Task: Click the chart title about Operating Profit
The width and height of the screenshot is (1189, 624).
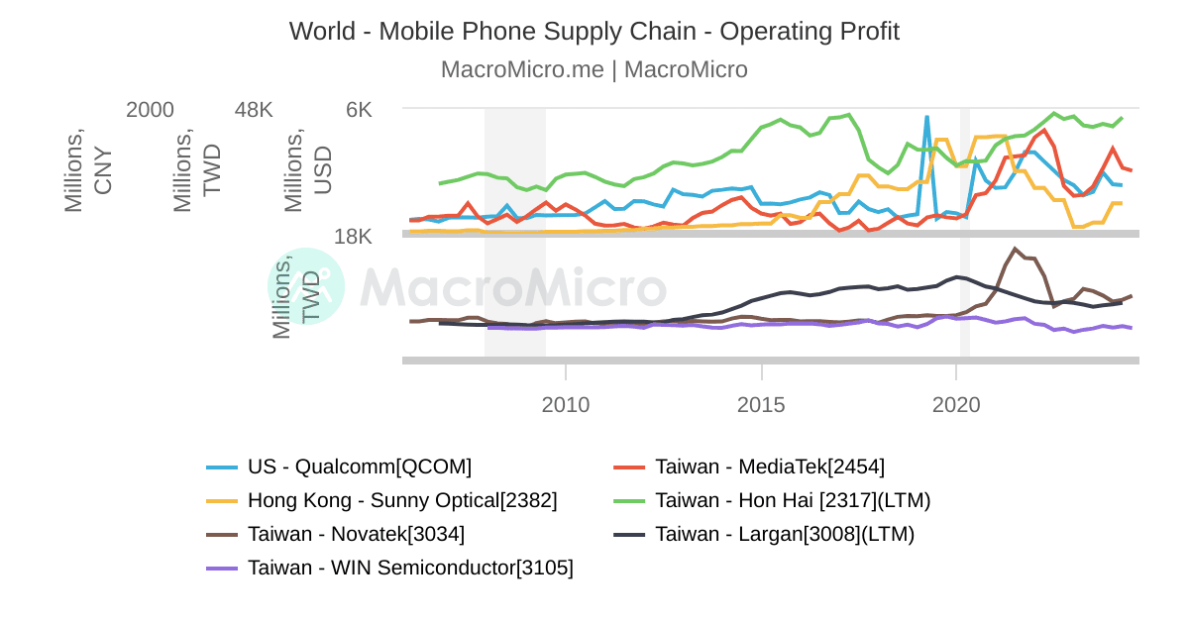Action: click(594, 31)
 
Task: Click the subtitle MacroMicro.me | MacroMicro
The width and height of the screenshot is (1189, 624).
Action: click(594, 69)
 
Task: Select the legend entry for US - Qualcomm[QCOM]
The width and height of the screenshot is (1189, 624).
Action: click(359, 467)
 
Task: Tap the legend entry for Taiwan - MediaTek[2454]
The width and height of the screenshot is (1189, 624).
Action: click(770, 467)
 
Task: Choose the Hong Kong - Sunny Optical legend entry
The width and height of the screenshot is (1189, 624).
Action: click(402, 500)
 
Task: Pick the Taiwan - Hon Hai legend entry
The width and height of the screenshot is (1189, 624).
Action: click(793, 500)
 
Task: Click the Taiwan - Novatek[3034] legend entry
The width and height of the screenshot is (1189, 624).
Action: click(356, 534)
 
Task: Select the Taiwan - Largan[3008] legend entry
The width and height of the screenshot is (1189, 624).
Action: click(785, 534)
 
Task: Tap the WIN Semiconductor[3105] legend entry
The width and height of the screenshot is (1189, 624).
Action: click(410, 568)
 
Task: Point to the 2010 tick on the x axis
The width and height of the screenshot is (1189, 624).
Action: click(566, 405)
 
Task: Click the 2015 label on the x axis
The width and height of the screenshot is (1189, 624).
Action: click(761, 405)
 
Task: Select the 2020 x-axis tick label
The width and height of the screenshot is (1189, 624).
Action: click(956, 405)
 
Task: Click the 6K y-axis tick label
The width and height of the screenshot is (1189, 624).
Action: click(359, 110)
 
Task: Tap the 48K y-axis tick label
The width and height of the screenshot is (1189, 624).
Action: click(253, 110)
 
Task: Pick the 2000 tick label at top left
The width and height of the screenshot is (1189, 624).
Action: click(150, 110)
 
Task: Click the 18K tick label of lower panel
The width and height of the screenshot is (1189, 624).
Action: click(353, 237)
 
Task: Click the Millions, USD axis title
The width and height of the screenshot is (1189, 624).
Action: click(308, 169)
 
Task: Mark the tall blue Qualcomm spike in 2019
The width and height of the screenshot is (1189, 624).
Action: click(926, 118)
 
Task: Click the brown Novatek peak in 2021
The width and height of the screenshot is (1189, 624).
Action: click(1015, 249)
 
